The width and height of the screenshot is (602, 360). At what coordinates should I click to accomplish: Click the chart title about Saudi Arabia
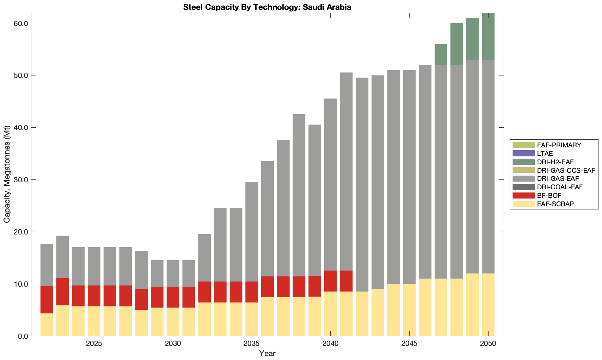click(x=267, y=7)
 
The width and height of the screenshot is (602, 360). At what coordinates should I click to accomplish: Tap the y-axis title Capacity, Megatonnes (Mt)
click(x=7, y=174)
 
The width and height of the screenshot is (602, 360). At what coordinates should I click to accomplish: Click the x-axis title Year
click(x=267, y=353)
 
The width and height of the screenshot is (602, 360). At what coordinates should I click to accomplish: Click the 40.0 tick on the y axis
click(x=21, y=128)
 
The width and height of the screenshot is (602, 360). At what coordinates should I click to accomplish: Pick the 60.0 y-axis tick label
click(x=21, y=23)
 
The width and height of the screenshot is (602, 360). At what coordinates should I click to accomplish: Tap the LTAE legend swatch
click(x=524, y=153)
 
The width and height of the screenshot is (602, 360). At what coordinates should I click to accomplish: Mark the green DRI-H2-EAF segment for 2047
click(x=441, y=54)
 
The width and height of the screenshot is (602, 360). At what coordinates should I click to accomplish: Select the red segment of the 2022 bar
click(x=47, y=300)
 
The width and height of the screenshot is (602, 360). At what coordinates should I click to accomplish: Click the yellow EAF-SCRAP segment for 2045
click(x=409, y=310)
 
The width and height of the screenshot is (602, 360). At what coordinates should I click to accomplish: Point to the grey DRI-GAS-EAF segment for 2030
click(x=173, y=274)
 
